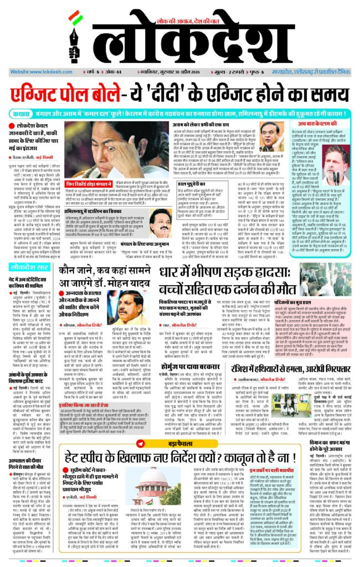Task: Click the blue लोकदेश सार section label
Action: pyautogui.click(x=30, y=267)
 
